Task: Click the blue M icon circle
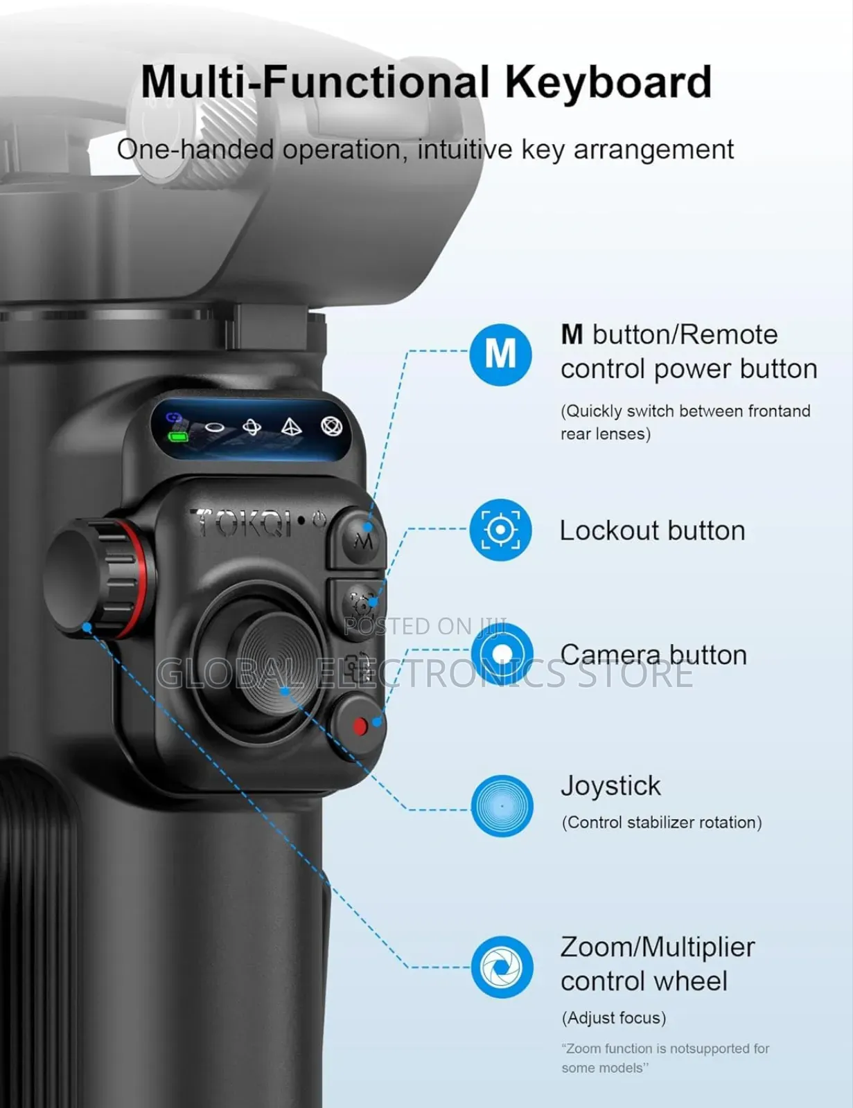coord(500,355)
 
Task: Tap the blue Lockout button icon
coord(500,530)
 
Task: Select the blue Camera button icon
coord(502,654)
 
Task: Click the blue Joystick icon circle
coord(502,805)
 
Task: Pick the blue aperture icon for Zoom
coord(502,967)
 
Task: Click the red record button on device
coord(359,726)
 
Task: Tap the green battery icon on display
coord(178,437)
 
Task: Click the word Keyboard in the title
coord(608,82)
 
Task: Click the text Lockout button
coord(652,530)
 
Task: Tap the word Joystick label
coord(610,786)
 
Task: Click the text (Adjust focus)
coord(613,1017)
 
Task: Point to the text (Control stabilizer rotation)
coord(661,822)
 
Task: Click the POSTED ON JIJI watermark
coord(424,626)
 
